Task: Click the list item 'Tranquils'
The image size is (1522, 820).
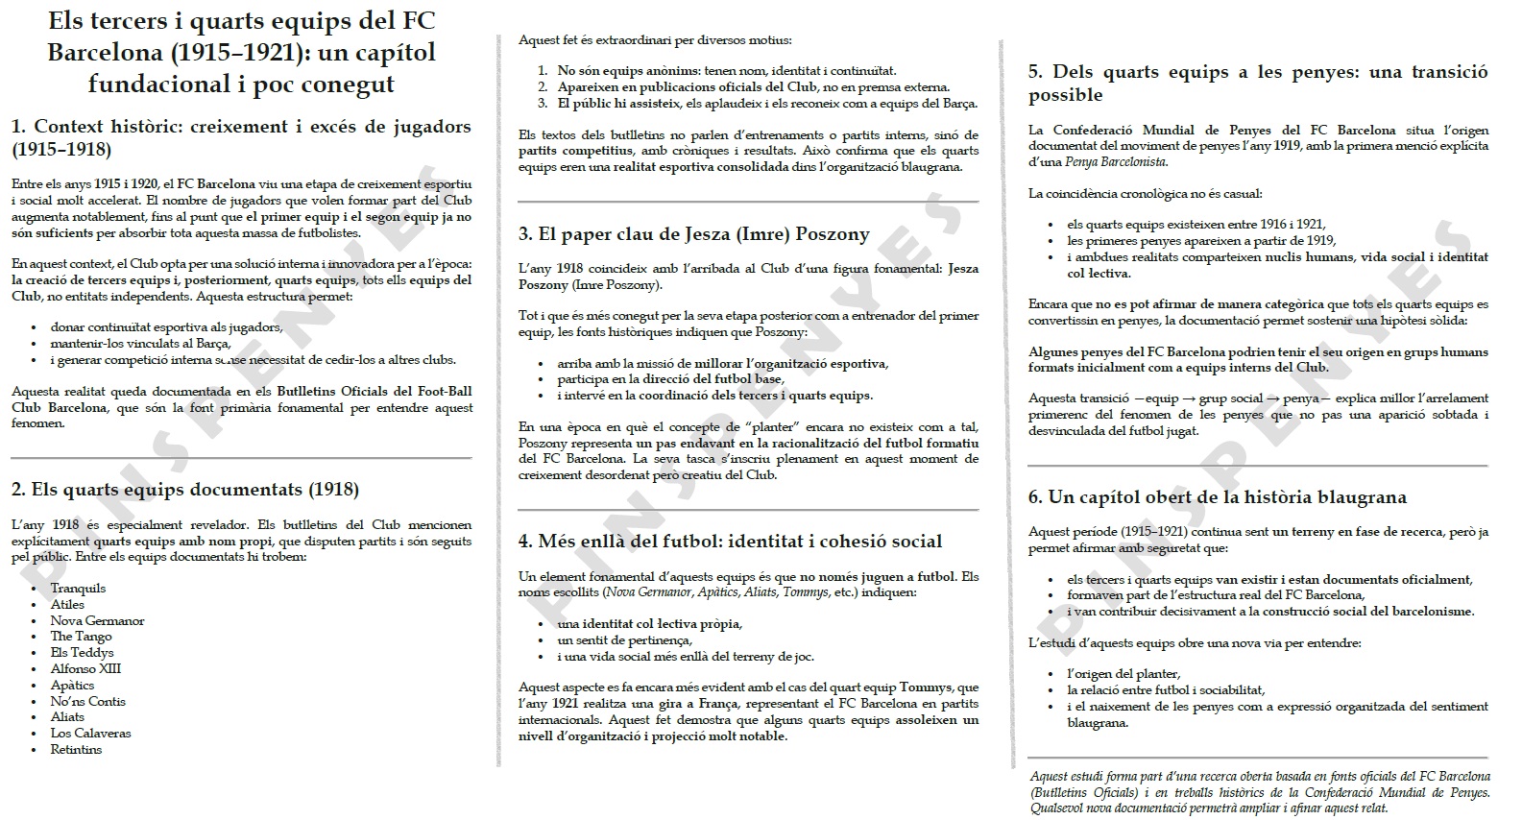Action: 78,588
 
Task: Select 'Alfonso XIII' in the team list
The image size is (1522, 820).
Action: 85,668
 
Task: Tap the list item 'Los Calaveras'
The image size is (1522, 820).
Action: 90,733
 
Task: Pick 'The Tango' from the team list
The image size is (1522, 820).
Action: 81,636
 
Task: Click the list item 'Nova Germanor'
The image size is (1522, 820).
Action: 97,620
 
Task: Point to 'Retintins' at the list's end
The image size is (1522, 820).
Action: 76,749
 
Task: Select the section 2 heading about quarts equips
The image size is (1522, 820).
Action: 185,490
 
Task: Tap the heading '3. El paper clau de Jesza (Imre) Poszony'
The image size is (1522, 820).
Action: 693,234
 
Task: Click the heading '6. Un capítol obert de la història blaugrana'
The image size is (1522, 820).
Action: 1217,497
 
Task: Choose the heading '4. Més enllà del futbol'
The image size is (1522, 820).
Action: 730,542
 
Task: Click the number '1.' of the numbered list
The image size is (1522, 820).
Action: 543,71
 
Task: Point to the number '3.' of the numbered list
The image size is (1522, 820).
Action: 543,104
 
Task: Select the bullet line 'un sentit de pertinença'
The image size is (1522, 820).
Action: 624,640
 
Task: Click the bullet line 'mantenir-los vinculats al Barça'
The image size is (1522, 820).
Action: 140,344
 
